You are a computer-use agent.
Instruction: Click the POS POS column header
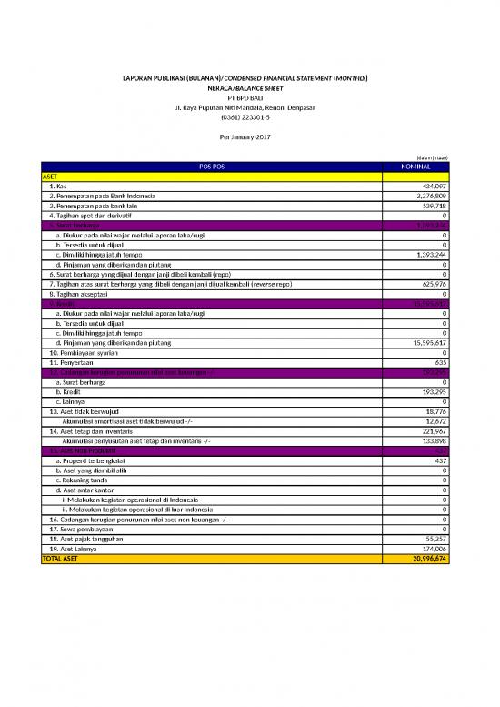212,167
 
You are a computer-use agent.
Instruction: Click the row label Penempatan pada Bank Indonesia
103,196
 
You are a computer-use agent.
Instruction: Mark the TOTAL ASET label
60,559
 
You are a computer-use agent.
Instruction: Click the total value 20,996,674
429,559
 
